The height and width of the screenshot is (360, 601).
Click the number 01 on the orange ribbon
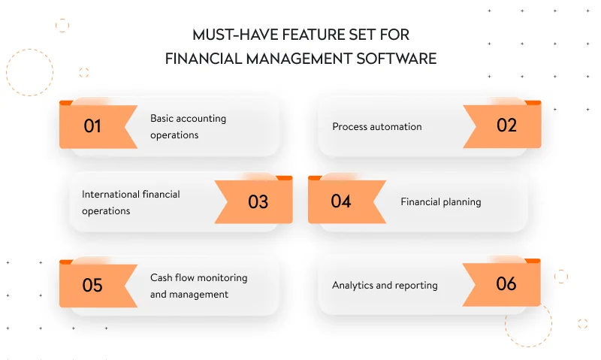coord(92,126)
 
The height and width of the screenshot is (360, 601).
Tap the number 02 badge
coord(507,126)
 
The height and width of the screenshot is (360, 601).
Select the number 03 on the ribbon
coord(258,201)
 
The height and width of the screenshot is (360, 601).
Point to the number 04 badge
coord(341,201)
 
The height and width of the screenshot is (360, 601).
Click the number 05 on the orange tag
coord(92,285)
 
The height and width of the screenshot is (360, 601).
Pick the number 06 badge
coord(507,283)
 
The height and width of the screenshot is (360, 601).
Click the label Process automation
coord(377,126)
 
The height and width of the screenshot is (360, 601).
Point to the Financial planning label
coord(441,201)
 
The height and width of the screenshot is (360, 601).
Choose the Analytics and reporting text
coord(385,285)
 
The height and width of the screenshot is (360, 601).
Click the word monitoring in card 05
coord(222,277)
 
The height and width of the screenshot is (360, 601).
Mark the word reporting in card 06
coord(417,286)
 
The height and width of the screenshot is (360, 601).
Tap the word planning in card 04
coord(461,201)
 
